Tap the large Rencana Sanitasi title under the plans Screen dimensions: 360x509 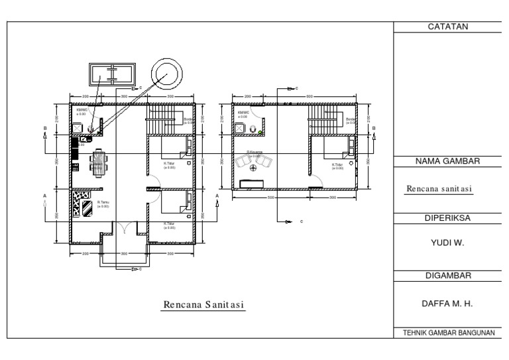(204, 304)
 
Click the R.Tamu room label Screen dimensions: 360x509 (103, 204)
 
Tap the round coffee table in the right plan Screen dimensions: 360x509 (253, 167)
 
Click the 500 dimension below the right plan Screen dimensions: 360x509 (270, 198)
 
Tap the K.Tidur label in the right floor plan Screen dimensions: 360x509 (338, 166)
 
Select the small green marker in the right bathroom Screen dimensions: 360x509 (260, 133)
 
